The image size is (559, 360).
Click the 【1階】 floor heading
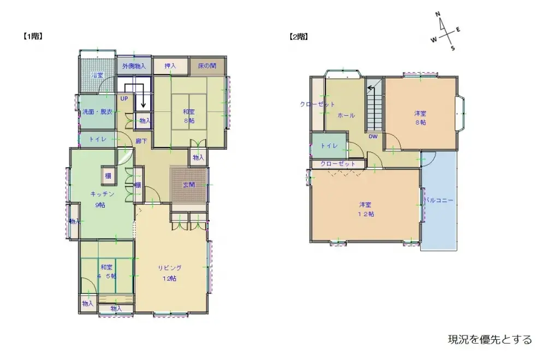[x=33, y=37]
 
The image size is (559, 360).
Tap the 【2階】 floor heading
[x=298, y=37]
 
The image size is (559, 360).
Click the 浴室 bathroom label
[x=97, y=75]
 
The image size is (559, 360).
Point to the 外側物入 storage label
[x=134, y=66]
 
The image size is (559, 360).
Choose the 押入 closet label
[x=170, y=66]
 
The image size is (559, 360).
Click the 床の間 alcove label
[x=207, y=66]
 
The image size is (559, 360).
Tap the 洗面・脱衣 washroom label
[x=97, y=112]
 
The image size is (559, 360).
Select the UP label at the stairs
[x=124, y=99]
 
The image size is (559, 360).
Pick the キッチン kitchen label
[x=102, y=194]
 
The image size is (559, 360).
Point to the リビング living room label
[x=170, y=268]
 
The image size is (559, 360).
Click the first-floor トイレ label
[x=98, y=140]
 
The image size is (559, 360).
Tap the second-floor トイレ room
[x=329, y=146]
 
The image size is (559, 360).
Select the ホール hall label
[x=346, y=115]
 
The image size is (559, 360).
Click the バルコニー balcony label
[x=439, y=200]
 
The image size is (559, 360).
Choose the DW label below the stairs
[x=373, y=137]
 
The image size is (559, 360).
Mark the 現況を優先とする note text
[x=490, y=340]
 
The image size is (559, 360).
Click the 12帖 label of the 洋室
[x=366, y=214]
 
